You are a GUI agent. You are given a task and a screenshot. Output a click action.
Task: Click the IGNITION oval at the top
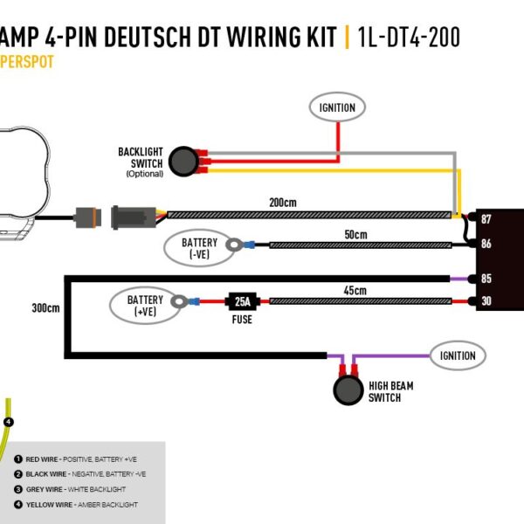click(337, 107)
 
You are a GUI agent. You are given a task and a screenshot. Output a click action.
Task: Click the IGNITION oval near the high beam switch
click(458, 355)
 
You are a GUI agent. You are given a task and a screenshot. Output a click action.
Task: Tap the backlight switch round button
click(183, 160)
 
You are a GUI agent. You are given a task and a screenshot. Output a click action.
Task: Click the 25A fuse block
click(241, 301)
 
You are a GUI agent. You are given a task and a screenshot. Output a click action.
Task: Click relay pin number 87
click(486, 219)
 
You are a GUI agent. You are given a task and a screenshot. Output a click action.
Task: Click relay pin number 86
click(486, 245)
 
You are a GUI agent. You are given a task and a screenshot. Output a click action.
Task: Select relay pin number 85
click(486, 279)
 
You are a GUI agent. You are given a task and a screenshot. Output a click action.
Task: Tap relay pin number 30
click(486, 302)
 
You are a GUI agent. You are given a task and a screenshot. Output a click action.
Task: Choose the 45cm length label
click(355, 290)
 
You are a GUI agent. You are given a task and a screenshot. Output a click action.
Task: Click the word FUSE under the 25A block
click(242, 320)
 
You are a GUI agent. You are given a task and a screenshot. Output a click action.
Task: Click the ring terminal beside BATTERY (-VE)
click(234, 245)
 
